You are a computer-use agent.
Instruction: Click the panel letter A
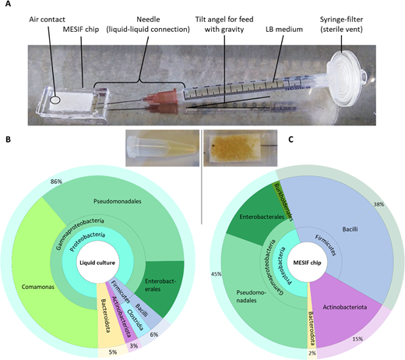tap(8, 4)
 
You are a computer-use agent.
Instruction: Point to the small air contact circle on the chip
tap(55, 100)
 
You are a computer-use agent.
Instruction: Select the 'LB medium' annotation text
tap(284, 29)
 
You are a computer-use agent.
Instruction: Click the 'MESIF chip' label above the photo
tap(81, 30)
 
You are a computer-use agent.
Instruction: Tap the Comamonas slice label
tap(38, 287)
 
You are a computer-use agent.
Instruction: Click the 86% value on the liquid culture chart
tap(56, 182)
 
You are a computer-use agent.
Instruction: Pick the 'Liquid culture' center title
tap(97, 263)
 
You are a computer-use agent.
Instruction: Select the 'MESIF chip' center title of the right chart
tap(307, 263)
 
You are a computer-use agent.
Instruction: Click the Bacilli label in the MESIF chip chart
tap(350, 229)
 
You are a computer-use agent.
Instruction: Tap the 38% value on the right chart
tap(379, 204)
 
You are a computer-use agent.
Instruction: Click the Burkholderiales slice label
tap(283, 202)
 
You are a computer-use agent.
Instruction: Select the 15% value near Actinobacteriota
tap(357, 339)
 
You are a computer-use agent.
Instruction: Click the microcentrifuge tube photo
tap(162, 148)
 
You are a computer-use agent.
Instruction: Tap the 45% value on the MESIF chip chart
tap(217, 274)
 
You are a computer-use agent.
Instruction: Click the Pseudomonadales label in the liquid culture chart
tap(118, 201)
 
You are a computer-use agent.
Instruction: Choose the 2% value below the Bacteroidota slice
tap(312, 353)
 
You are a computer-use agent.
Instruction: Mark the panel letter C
tap(291, 139)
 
